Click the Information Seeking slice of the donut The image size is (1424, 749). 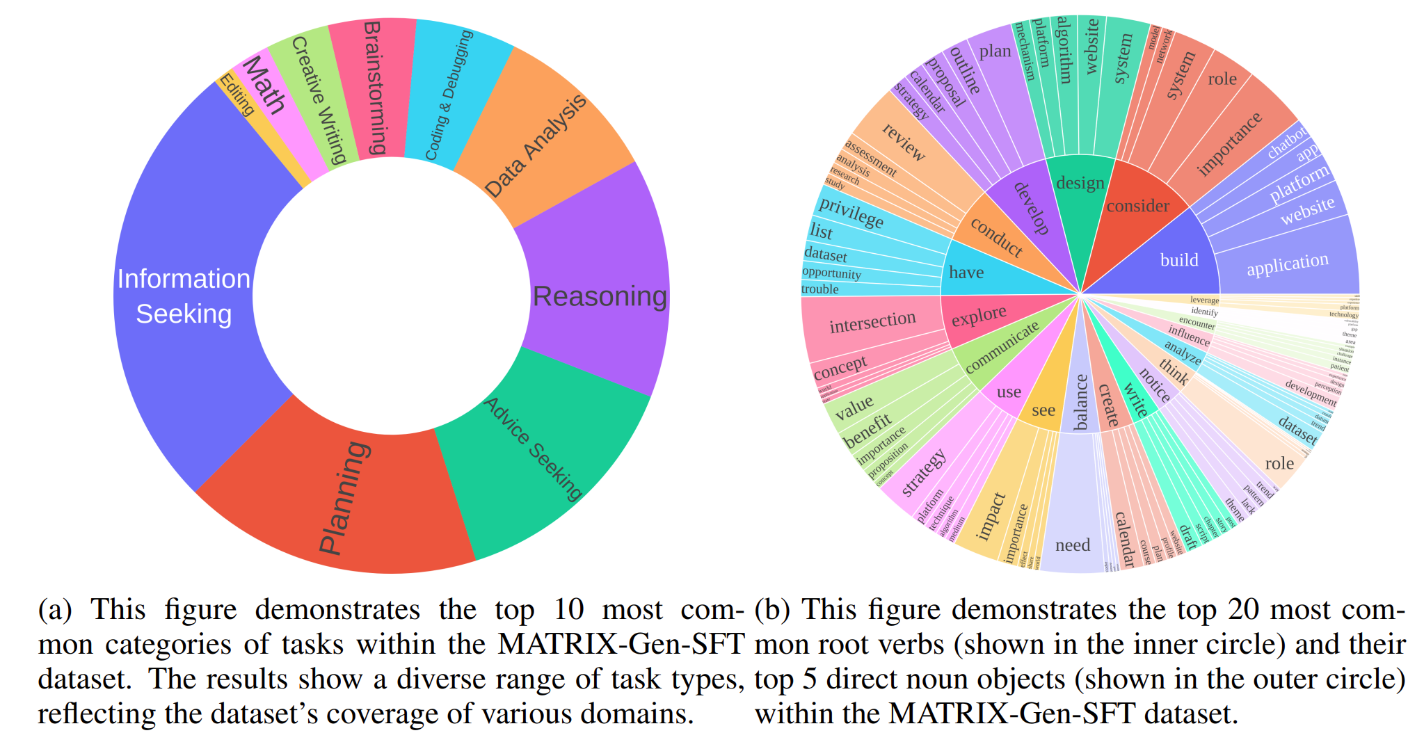184,296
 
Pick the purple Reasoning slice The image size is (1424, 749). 598,296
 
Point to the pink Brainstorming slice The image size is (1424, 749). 373,87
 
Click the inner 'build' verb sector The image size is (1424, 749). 1179,260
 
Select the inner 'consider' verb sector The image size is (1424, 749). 1137,206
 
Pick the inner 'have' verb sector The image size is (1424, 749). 966,272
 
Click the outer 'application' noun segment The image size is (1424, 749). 1287,264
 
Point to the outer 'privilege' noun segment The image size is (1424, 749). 851,212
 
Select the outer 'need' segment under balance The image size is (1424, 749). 1072,545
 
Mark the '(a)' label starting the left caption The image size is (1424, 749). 55,610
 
